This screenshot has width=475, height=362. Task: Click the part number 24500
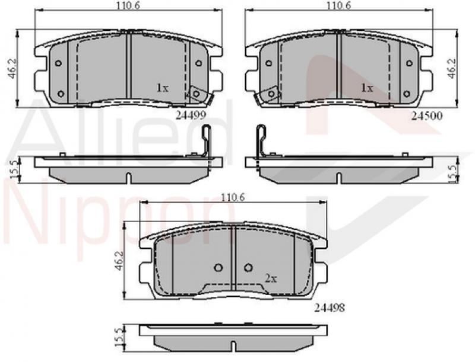(x=426, y=117)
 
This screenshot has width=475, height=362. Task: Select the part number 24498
(x=330, y=307)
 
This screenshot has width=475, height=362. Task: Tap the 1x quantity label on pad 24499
(x=162, y=88)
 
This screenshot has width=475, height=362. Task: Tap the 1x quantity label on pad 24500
(x=366, y=88)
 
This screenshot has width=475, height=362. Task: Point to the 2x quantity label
(x=271, y=277)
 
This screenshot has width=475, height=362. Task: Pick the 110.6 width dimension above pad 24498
(x=233, y=197)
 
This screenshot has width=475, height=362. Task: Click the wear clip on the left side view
(x=205, y=142)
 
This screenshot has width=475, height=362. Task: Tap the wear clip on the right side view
(x=261, y=142)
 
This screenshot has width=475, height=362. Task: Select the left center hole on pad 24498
(x=218, y=267)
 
